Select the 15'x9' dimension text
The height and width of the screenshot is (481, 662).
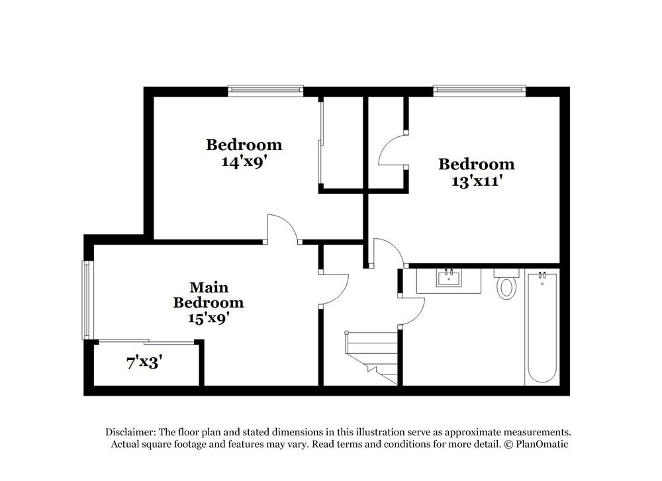click(x=209, y=317)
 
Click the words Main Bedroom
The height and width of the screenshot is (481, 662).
click(x=209, y=295)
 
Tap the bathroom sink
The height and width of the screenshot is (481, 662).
click(x=449, y=278)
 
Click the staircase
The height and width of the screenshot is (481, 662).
click(x=372, y=357)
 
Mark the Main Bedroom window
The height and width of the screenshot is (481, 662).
click(x=85, y=300)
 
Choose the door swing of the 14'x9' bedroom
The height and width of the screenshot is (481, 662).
click(x=282, y=228)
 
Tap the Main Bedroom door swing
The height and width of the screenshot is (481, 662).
click(x=335, y=288)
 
